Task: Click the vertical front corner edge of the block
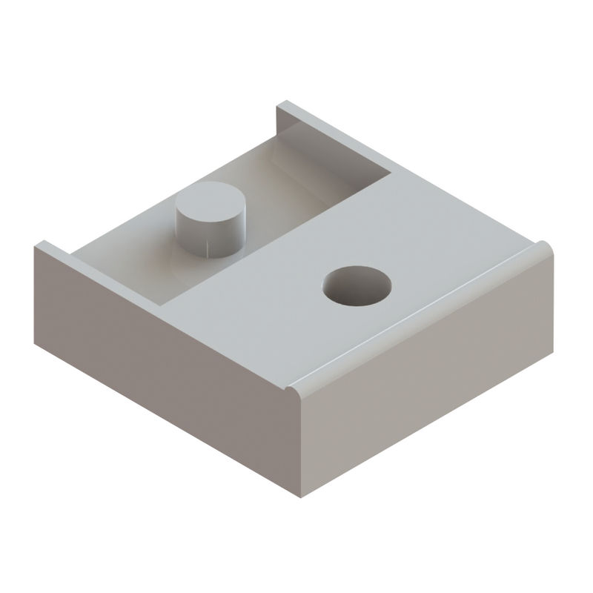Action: pyautogui.click(x=299, y=445)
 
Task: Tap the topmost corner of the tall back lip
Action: pyautogui.click(x=279, y=105)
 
